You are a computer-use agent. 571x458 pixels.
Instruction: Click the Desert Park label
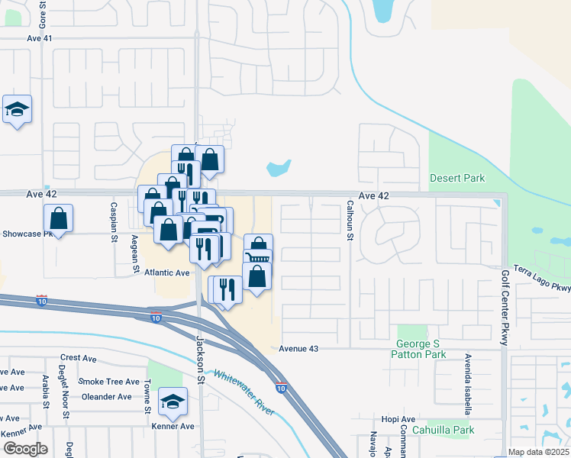(x=457, y=178)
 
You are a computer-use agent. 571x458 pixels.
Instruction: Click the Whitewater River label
(x=244, y=392)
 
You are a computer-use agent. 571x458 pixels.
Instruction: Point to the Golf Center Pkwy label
(x=505, y=308)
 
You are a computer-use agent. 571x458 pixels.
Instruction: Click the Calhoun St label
(x=350, y=221)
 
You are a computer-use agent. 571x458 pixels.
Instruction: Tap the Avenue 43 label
(x=297, y=348)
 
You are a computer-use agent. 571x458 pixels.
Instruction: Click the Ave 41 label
(x=39, y=37)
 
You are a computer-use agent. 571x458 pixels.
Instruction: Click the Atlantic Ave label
(x=167, y=273)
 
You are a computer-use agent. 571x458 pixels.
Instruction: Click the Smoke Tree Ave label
(x=109, y=382)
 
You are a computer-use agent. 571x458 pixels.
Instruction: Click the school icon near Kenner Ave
(x=173, y=402)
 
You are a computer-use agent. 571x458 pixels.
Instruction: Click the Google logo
(x=25, y=449)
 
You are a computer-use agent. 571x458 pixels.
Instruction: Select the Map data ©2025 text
(x=538, y=452)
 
